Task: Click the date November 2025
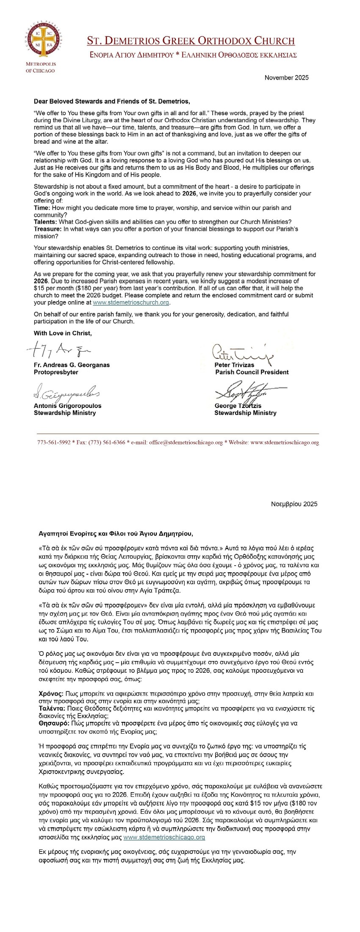tap(286, 78)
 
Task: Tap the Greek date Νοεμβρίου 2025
tap(294, 504)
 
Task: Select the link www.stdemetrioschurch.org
tap(131, 302)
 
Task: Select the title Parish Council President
tap(252, 372)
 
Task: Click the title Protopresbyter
tap(56, 372)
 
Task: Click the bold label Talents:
tap(45, 222)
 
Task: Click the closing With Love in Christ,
tap(63, 333)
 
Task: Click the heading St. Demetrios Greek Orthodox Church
tap(191, 41)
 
